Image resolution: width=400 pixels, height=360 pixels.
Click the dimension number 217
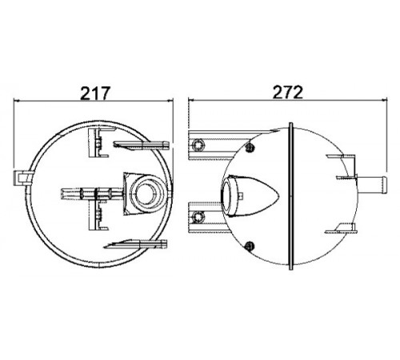coord(95,93)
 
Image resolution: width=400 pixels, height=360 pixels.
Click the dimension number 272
coord(288,92)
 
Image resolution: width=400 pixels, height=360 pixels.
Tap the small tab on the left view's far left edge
coord(22,178)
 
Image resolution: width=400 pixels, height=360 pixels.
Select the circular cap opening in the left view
coord(146,194)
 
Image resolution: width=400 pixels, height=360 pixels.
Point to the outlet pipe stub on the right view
coord(371,185)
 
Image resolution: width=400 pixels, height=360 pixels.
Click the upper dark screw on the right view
coord(250,146)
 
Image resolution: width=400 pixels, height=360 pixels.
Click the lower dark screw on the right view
coord(250,246)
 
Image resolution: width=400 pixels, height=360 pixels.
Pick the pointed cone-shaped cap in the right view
coord(250,196)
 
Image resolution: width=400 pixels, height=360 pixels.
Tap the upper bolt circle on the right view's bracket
coord(198,146)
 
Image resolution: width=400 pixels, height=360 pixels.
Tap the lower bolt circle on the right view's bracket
coord(198,217)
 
